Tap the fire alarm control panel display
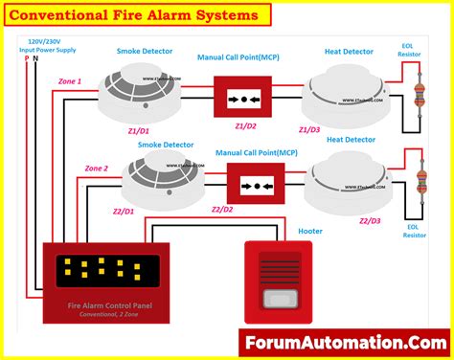[x=93, y=273]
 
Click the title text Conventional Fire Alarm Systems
[x=138, y=15]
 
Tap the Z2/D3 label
[x=370, y=221]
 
